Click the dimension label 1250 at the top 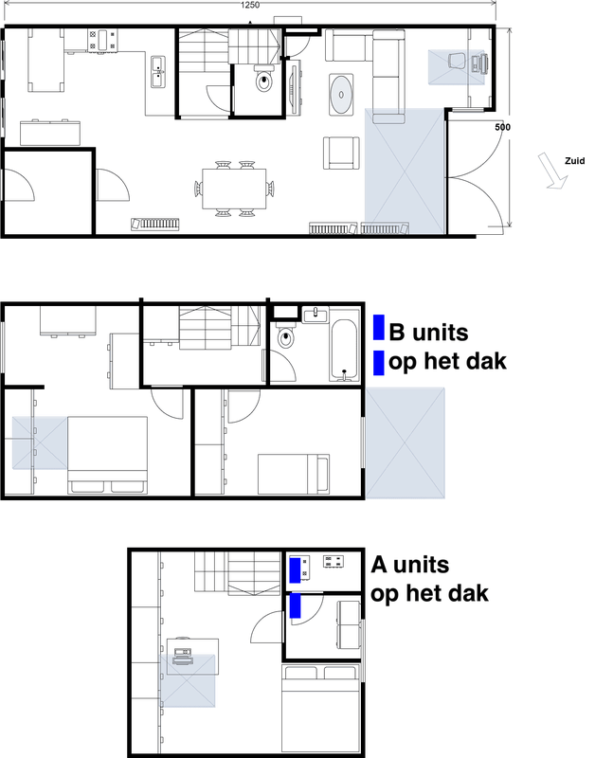pos(249,6)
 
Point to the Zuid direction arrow pos(550,173)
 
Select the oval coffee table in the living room pos(342,94)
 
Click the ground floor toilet pos(263,82)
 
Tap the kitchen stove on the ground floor pos(106,40)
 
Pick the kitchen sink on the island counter pos(157,67)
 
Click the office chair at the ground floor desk pos(456,61)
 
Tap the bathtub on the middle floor pos(343,351)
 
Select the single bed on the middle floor pos(292,471)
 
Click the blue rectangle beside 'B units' pos(379,328)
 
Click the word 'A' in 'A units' pos(380,566)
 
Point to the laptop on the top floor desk pos(183,655)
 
